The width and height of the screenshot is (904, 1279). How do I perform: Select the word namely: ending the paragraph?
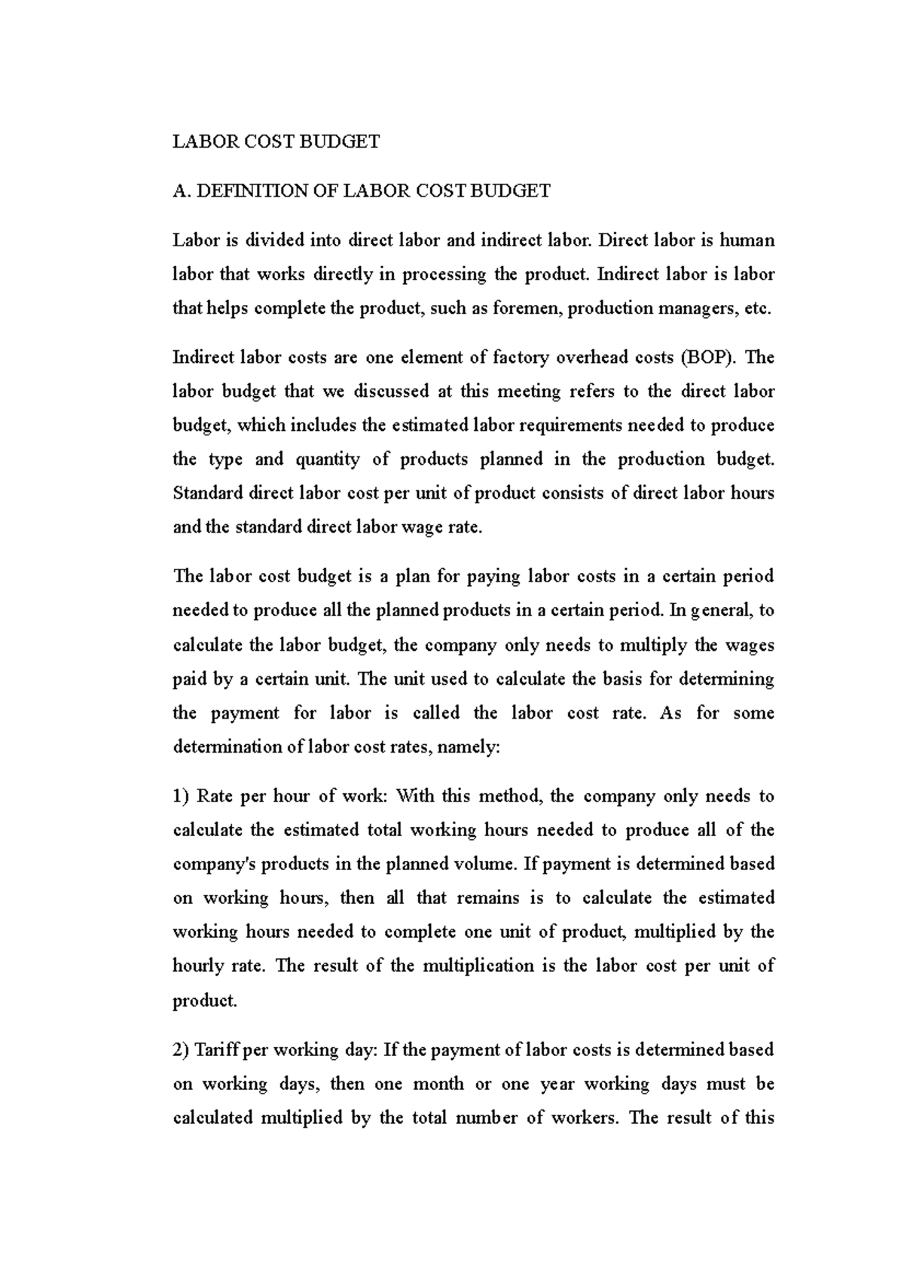pyautogui.click(x=469, y=747)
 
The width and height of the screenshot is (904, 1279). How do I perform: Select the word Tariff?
pyautogui.click(x=219, y=1050)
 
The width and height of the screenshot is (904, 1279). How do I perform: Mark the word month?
pyautogui.click(x=439, y=1084)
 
